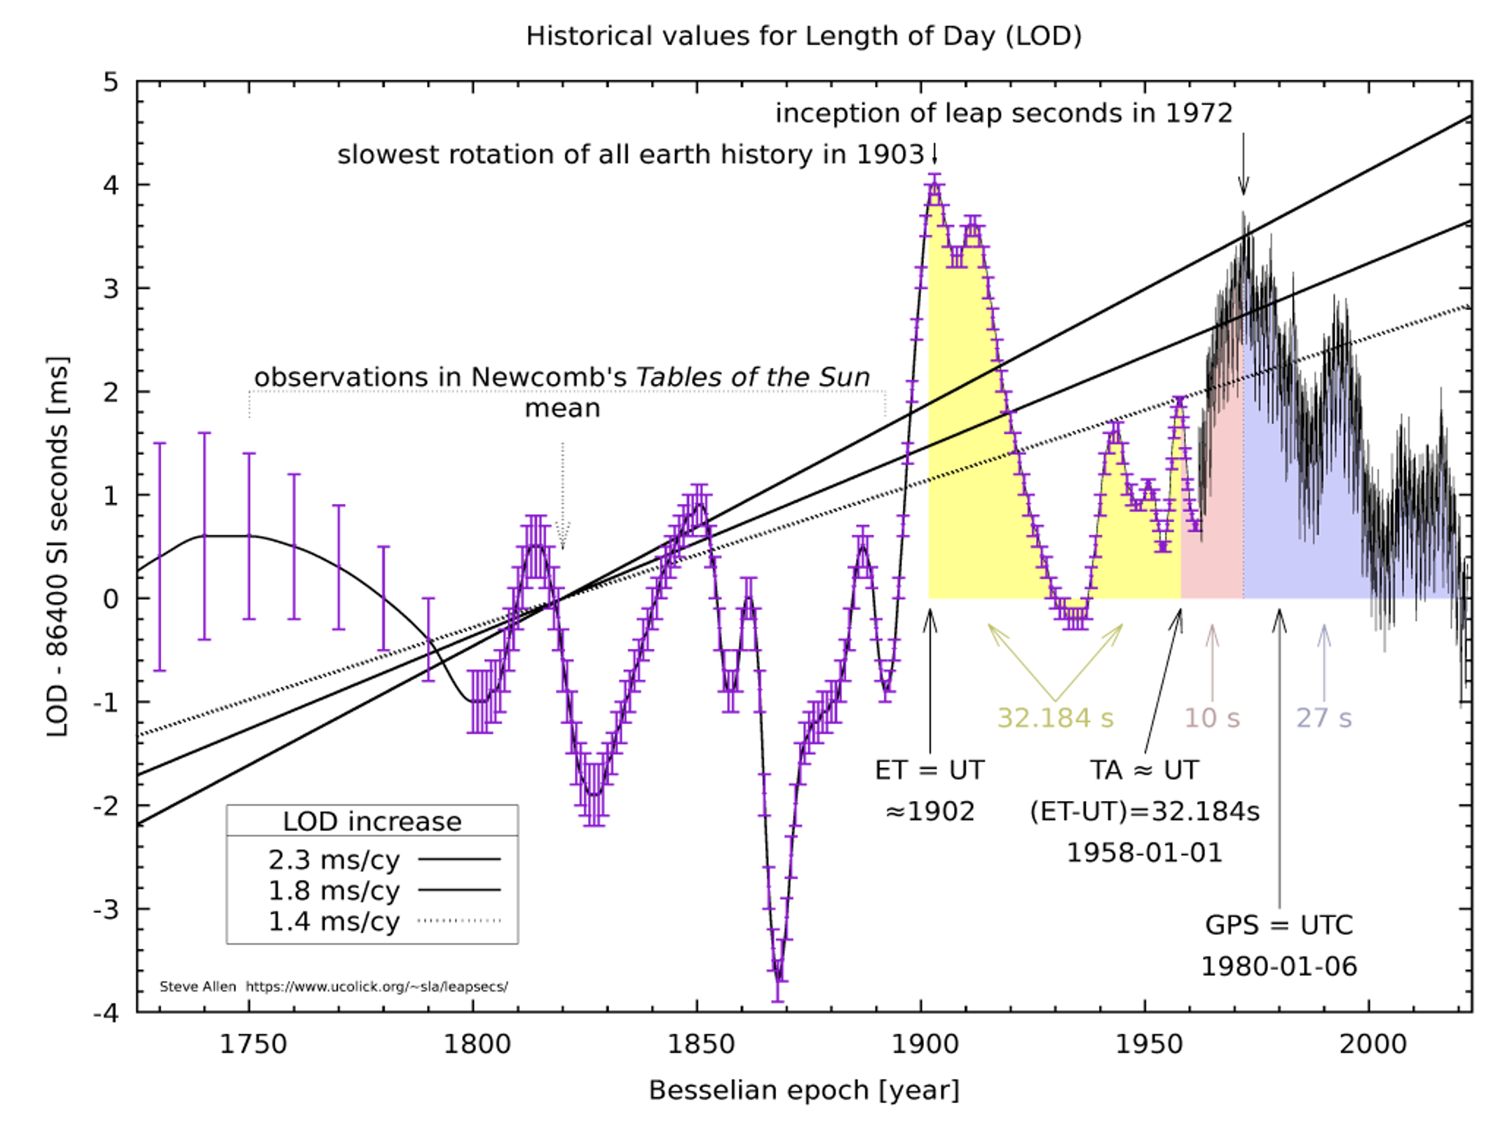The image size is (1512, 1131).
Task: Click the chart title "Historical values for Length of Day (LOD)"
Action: pos(803,36)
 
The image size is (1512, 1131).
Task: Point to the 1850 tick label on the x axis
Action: pos(700,1044)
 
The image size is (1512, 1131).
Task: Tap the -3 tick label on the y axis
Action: pos(107,910)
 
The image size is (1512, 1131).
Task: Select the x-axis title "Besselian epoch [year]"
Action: pos(803,1090)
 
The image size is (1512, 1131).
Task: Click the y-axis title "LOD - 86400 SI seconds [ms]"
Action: pos(57,547)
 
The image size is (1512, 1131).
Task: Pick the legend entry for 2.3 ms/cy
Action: pos(383,859)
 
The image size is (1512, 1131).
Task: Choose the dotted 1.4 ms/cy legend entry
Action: pos(383,921)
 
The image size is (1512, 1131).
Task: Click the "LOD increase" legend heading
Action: pos(372,821)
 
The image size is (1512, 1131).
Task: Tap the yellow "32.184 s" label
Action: pos(1055,718)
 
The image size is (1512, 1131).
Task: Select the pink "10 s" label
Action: pos(1212,718)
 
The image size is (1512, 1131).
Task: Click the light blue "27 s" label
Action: pos(1323,718)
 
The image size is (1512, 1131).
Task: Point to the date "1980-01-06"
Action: pos(1279,966)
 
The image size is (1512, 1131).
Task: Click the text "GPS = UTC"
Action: pos(1279,925)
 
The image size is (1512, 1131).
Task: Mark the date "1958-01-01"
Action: pos(1144,853)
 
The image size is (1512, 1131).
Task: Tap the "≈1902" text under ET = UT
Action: pos(929,811)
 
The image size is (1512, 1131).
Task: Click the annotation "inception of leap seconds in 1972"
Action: pos(1003,114)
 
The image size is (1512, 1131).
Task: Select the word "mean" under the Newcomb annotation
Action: pos(562,408)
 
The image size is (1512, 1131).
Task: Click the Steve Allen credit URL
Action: pos(376,987)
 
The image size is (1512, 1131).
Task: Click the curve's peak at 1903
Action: pos(934,186)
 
